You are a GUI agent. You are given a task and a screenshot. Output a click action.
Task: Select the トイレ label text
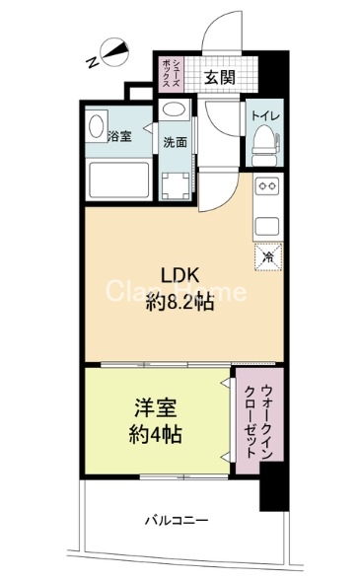263,116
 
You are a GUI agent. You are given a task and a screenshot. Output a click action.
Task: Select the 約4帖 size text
153,433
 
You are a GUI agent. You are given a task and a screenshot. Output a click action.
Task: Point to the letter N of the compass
91,60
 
